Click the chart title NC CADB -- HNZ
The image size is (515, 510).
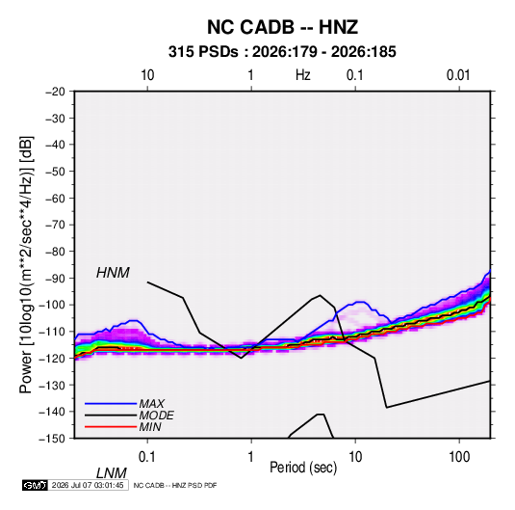[282, 27]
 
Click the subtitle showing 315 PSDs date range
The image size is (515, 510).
[282, 52]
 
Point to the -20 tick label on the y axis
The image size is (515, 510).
[55, 92]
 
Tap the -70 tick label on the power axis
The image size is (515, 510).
[55, 225]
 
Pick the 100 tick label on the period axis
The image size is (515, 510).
[459, 457]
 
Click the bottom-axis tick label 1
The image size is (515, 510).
[251, 457]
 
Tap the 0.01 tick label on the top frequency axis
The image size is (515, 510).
[458, 75]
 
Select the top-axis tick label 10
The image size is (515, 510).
[147, 75]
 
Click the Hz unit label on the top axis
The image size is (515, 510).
[303, 75]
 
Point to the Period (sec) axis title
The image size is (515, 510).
[303, 468]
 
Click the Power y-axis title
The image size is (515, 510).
[26, 264]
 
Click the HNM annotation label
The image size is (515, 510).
[113, 273]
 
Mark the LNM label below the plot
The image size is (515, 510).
[112, 473]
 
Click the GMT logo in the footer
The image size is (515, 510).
[36, 485]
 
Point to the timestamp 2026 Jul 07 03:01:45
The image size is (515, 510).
[88, 485]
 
